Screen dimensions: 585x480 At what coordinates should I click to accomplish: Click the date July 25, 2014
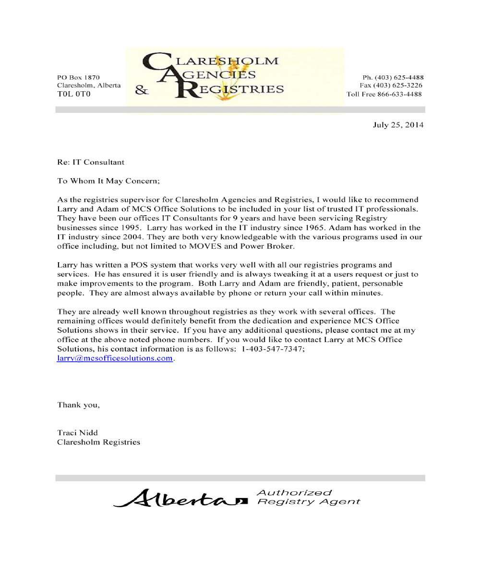[398, 125]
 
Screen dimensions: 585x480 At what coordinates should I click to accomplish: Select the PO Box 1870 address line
[78, 77]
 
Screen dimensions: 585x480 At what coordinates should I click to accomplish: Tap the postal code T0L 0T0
[73, 94]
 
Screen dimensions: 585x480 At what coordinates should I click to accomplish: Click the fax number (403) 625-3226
[399, 85]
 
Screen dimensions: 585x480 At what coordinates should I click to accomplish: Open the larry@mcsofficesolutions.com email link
[115, 358]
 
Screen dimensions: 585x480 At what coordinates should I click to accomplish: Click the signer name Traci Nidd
[77, 433]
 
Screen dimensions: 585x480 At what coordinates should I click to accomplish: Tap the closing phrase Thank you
[79, 404]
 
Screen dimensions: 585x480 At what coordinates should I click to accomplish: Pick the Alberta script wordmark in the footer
[181, 498]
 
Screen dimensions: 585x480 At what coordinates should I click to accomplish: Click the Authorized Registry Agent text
[308, 497]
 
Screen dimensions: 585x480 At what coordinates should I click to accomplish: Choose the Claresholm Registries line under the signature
[98, 442]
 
